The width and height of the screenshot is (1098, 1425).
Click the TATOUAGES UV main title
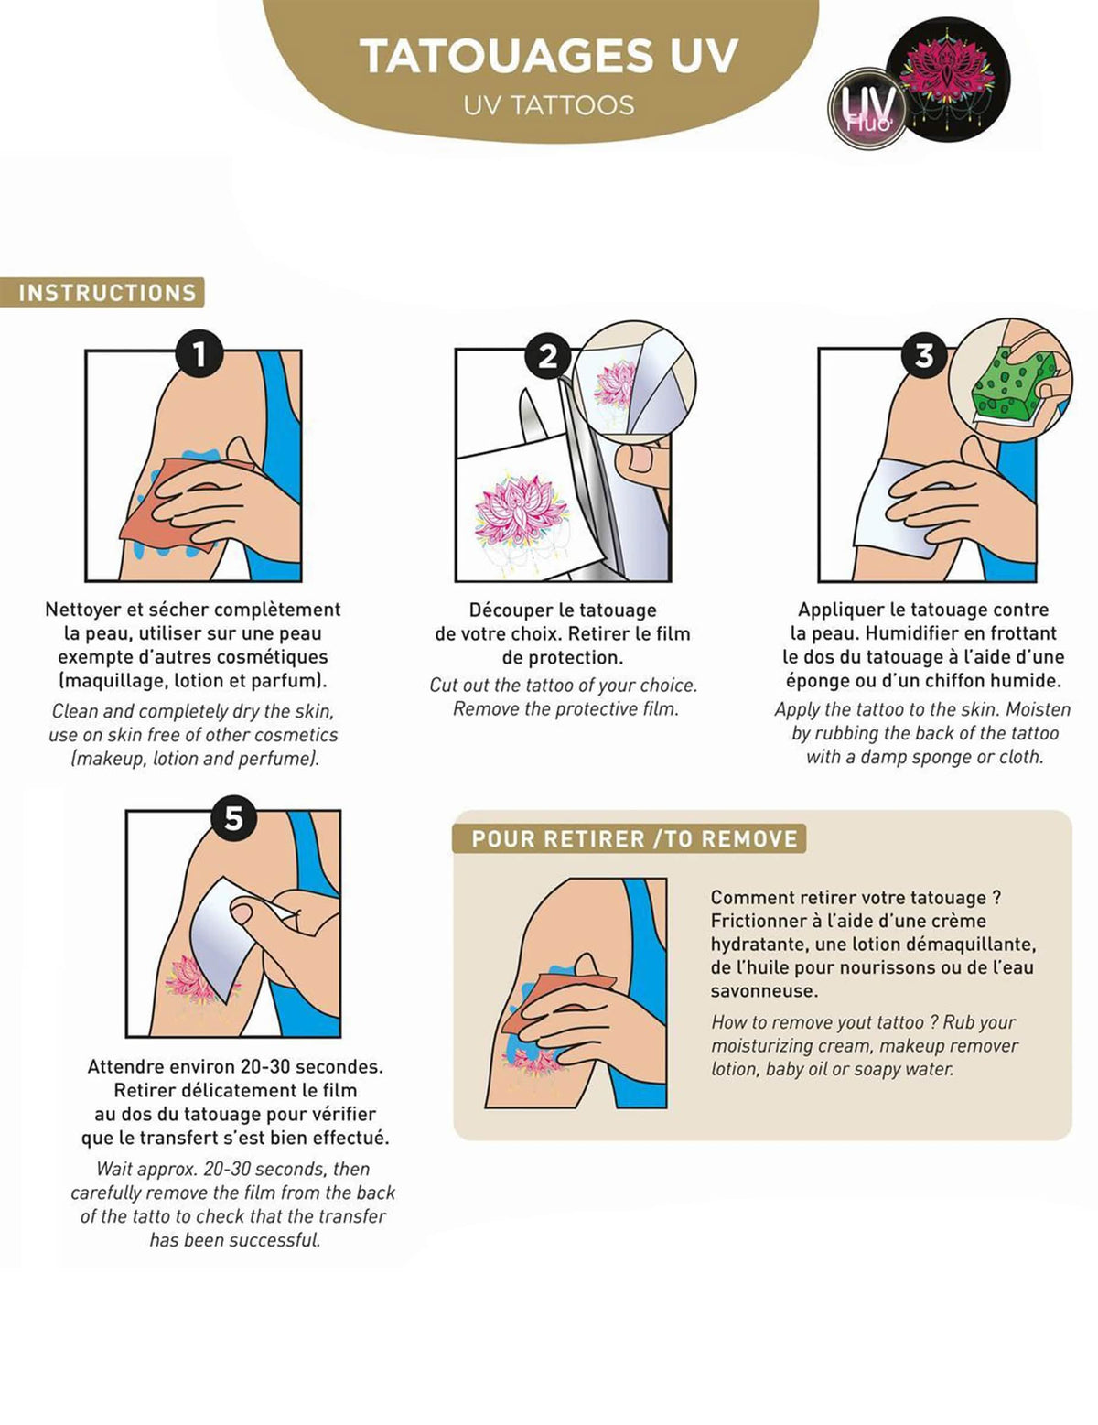(549, 57)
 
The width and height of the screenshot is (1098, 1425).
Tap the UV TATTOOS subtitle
(549, 105)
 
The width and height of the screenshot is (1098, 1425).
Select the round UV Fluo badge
(867, 108)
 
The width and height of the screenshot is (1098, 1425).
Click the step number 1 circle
(200, 355)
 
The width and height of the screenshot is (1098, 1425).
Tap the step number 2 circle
(547, 356)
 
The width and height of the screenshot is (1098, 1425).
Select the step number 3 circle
(924, 356)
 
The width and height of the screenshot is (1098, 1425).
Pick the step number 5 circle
(233, 818)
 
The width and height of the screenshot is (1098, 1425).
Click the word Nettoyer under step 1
(83, 610)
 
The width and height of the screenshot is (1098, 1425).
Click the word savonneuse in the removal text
(764, 991)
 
